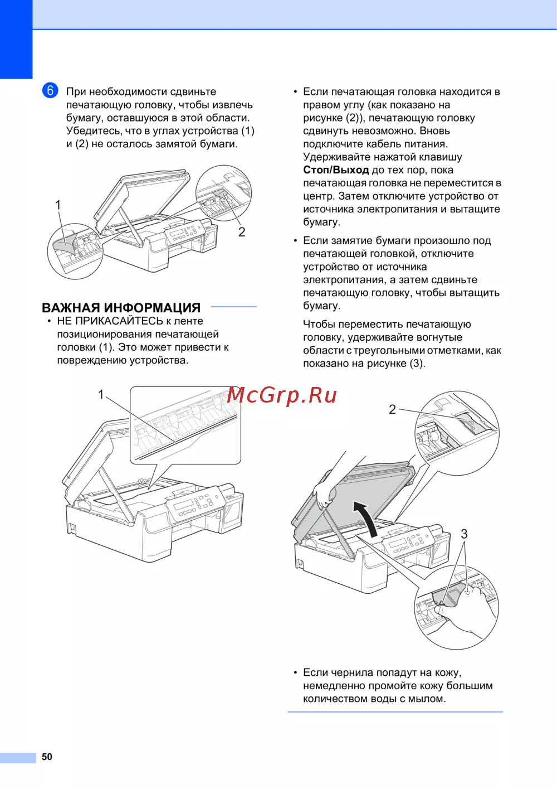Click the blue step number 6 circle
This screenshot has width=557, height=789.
click(50, 90)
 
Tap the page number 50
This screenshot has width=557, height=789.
click(47, 757)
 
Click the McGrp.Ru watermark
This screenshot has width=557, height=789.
click(282, 395)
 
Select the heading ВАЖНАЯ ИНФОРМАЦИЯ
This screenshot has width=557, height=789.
click(121, 308)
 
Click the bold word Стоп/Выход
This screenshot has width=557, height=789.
click(336, 170)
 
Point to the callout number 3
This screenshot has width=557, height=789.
click(464, 534)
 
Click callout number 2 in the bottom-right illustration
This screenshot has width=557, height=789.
click(392, 410)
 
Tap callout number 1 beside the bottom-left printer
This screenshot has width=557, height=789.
click(101, 395)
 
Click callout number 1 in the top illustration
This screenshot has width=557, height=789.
click(58, 205)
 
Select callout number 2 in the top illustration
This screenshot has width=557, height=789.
click(242, 232)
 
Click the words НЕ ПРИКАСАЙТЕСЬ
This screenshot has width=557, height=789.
click(110, 321)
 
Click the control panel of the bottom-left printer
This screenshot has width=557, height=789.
click(195, 503)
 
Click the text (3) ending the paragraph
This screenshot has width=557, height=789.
click(417, 364)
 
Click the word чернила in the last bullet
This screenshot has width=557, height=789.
click(353, 672)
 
